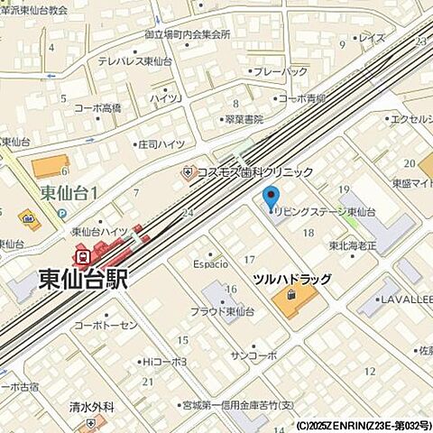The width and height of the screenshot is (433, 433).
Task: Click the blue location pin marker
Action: click(x=270, y=197)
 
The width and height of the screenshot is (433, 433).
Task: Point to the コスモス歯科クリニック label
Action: click(x=255, y=171)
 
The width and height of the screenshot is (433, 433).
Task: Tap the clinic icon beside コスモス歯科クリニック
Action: click(x=188, y=171)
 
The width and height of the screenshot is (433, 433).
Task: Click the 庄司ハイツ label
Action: click(x=161, y=143)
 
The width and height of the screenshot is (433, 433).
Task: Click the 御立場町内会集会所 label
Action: click(x=188, y=34)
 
